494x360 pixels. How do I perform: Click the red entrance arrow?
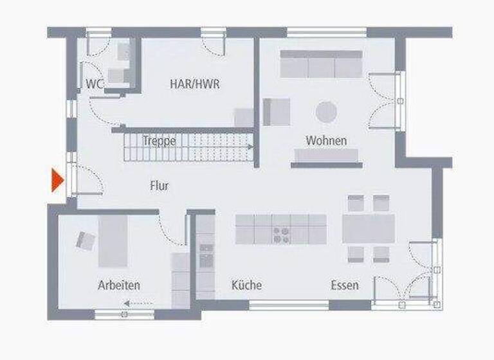(57, 181)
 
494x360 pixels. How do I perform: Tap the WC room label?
(95, 84)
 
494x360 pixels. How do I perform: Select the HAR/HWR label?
(194, 84)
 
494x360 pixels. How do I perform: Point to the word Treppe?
(159, 141)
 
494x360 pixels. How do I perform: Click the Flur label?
(159, 186)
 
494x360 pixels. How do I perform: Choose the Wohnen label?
(326, 140)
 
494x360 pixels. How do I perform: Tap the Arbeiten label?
(119, 285)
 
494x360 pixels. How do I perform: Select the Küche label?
(246, 285)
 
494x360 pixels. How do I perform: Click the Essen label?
(345, 285)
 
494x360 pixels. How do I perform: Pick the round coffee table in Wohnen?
(326, 113)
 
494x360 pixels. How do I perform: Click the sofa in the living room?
(322, 64)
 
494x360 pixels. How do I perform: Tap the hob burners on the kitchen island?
(281, 234)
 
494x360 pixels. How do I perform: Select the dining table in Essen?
(369, 228)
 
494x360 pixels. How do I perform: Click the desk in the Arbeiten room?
(113, 240)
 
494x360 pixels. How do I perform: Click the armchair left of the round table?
(277, 112)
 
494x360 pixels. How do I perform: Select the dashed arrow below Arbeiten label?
(134, 302)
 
